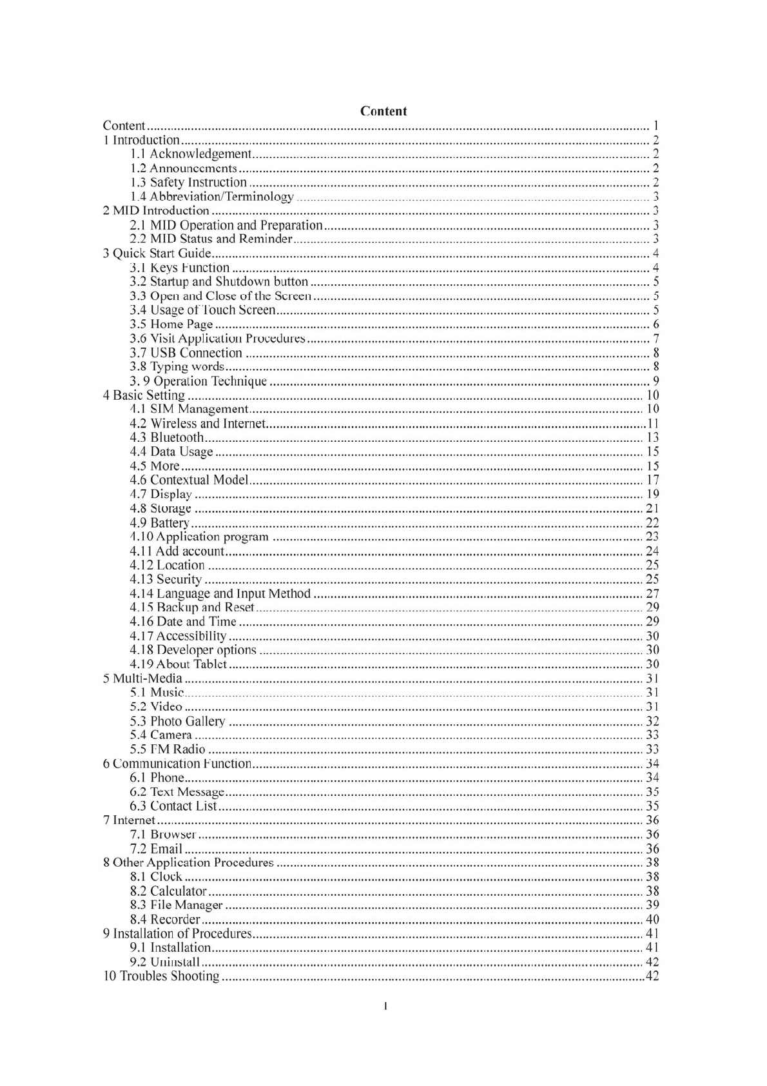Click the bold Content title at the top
pyautogui.click(x=383, y=111)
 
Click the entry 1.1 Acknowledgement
pyautogui.click(x=190, y=154)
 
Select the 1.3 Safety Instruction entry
pyautogui.click(x=188, y=183)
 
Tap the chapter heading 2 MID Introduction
pyautogui.click(x=156, y=211)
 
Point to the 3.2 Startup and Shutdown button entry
pyautogui.click(x=218, y=282)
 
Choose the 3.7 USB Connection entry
pyautogui.click(x=186, y=353)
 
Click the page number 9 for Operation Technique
pyautogui.click(x=655, y=381)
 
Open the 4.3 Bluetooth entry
pyautogui.click(x=166, y=438)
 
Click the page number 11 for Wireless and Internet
pyautogui.click(x=653, y=424)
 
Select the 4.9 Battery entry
pyautogui.click(x=159, y=523)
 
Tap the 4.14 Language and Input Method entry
pyautogui.click(x=220, y=594)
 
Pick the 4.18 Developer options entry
pyautogui.click(x=193, y=650)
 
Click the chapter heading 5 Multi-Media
pyautogui.click(x=142, y=678)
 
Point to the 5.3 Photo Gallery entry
pyautogui.click(x=177, y=721)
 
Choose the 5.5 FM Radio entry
pyautogui.click(x=167, y=749)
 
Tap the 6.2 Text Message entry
pyautogui.click(x=177, y=792)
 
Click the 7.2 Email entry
pyautogui.click(x=156, y=849)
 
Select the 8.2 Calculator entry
pyautogui.click(x=168, y=891)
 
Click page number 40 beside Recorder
pyautogui.click(x=652, y=920)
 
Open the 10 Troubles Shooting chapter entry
pyautogui.click(x=161, y=976)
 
